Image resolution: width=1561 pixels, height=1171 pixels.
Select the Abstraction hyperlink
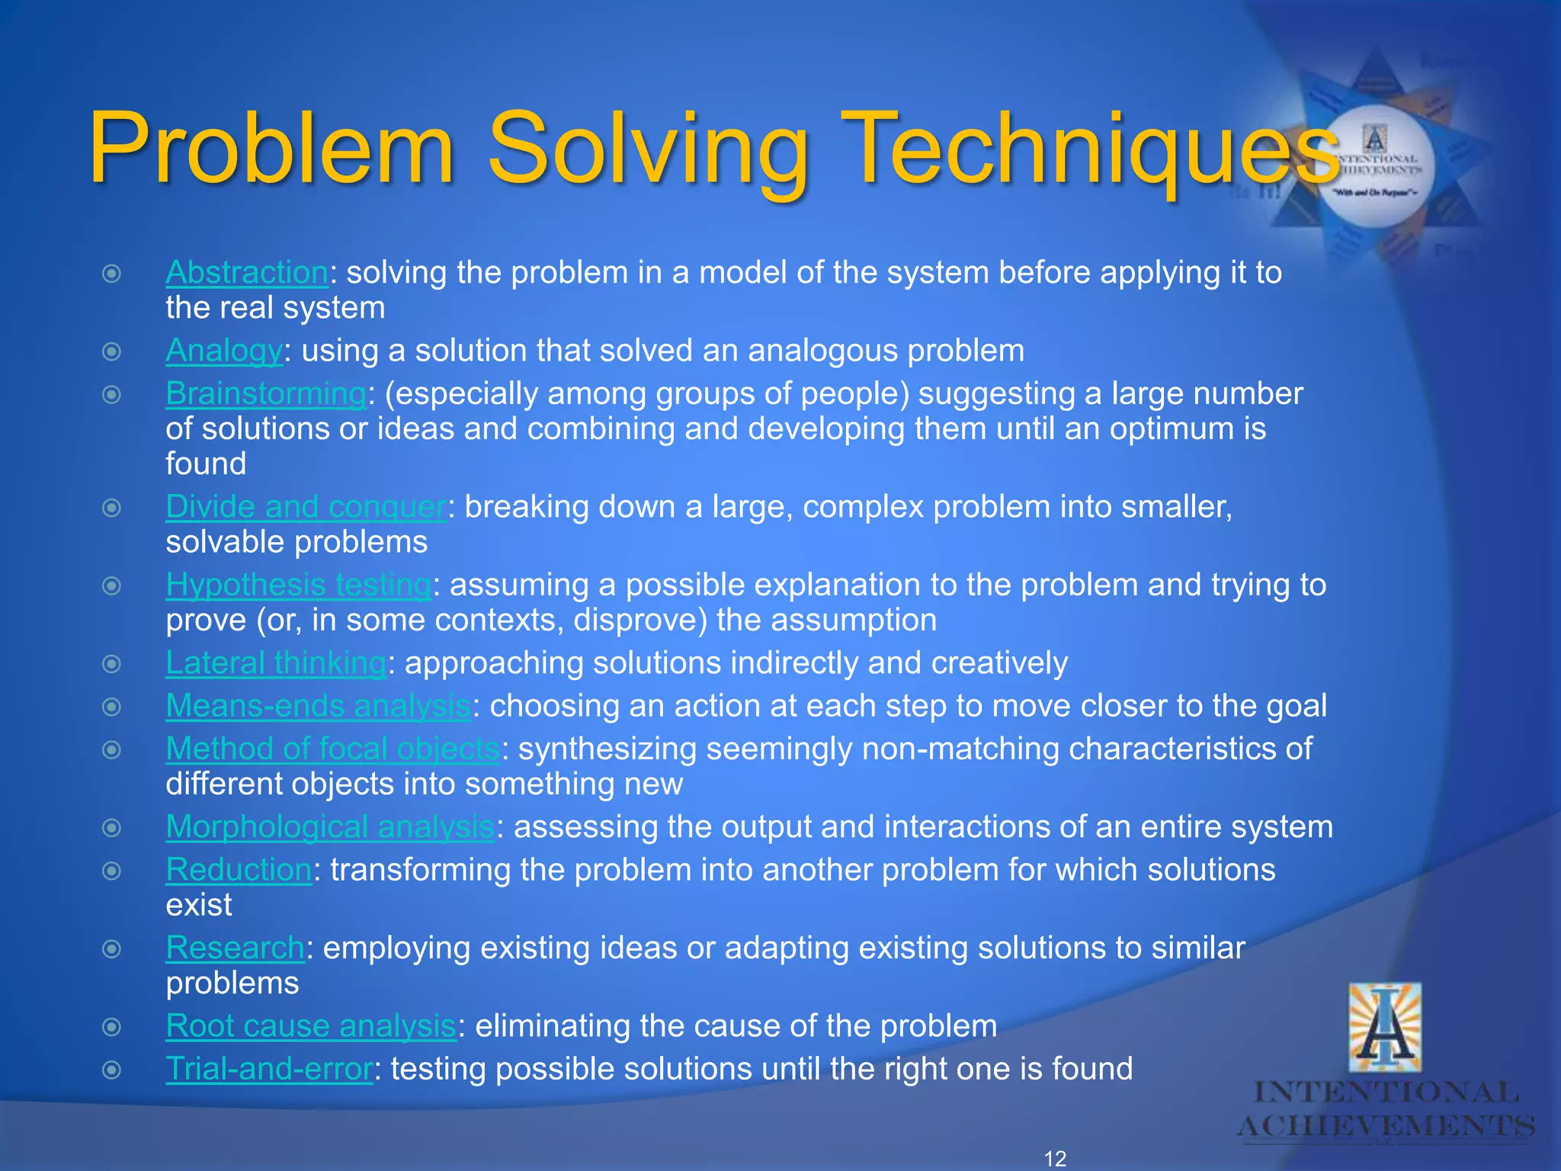click(x=247, y=273)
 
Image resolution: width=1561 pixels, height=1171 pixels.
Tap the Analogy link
click(x=224, y=351)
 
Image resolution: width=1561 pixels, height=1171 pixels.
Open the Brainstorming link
click(x=266, y=394)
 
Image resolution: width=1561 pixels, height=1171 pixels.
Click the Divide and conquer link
click(x=306, y=507)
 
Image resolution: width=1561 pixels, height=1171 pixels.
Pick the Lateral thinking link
click(x=276, y=663)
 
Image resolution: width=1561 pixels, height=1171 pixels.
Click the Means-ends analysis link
click(x=318, y=706)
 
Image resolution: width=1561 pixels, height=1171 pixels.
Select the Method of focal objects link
click(x=332, y=749)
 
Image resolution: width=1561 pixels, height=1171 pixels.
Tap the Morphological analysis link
click(x=330, y=827)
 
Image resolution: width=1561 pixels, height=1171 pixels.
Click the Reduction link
click(x=239, y=870)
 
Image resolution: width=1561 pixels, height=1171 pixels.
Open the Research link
click(x=235, y=948)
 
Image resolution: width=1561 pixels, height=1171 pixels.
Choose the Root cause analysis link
click(x=310, y=1026)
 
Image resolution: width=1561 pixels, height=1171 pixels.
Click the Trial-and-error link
click(x=269, y=1069)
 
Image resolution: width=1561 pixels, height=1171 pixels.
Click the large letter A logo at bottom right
click(x=1385, y=1029)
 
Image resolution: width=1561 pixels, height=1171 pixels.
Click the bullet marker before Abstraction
click(x=112, y=274)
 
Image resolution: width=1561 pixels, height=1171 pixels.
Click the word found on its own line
click(x=206, y=464)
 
